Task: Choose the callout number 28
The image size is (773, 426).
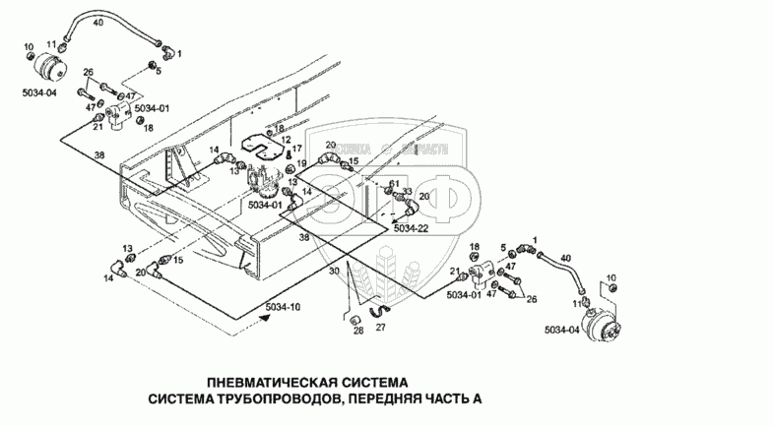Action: point(357,331)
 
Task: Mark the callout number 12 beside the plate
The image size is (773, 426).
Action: point(287,141)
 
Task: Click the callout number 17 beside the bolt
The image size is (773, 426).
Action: point(295,150)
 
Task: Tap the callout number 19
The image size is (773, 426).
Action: point(302,162)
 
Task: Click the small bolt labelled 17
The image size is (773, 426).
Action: point(285,153)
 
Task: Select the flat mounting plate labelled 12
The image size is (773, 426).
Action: point(260,142)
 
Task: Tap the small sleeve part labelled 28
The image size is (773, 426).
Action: point(351,319)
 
